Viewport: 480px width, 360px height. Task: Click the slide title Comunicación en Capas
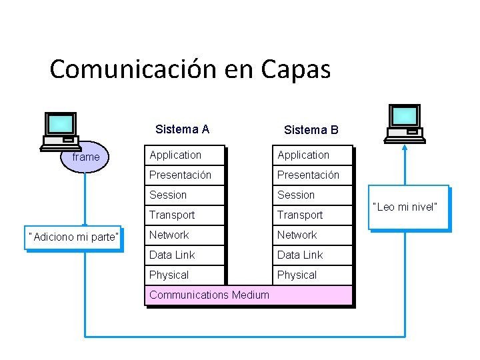pyautogui.click(x=190, y=69)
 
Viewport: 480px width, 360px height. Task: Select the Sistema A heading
pyautogui.click(x=182, y=129)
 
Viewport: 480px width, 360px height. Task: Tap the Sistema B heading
pyautogui.click(x=311, y=130)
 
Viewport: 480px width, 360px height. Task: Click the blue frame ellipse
pyautogui.click(x=86, y=157)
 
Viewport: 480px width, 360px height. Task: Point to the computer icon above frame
pyautogui.click(x=61, y=131)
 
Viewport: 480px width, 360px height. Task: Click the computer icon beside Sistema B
pyautogui.click(x=405, y=124)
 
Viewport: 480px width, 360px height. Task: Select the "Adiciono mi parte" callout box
pyautogui.click(x=73, y=237)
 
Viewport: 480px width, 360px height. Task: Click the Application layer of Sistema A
pyautogui.click(x=185, y=155)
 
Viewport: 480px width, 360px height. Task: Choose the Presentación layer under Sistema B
pyautogui.click(x=313, y=175)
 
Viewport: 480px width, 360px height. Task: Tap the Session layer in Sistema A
pyautogui.click(x=185, y=195)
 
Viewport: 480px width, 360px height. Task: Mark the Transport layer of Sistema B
pyautogui.click(x=313, y=215)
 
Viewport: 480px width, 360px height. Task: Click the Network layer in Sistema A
pyautogui.click(x=185, y=235)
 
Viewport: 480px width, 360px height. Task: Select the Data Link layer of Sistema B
pyautogui.click(x=313, y=255)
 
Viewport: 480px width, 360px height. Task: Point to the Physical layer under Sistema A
pyautogui.click(x=185, y=275)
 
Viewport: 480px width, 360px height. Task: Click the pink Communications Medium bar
pyautogui.click(x=248, y=295)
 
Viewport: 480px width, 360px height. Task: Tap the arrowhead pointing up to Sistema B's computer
pyautogui.click(x=405, y=148)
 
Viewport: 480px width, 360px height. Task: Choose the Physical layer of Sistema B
pyautogui.click(x=313, y=275)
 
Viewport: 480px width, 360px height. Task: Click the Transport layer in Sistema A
pyautogui.click(x=185, y=215)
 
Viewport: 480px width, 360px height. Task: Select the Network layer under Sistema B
pyautogui.click(x=313, y=235)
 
